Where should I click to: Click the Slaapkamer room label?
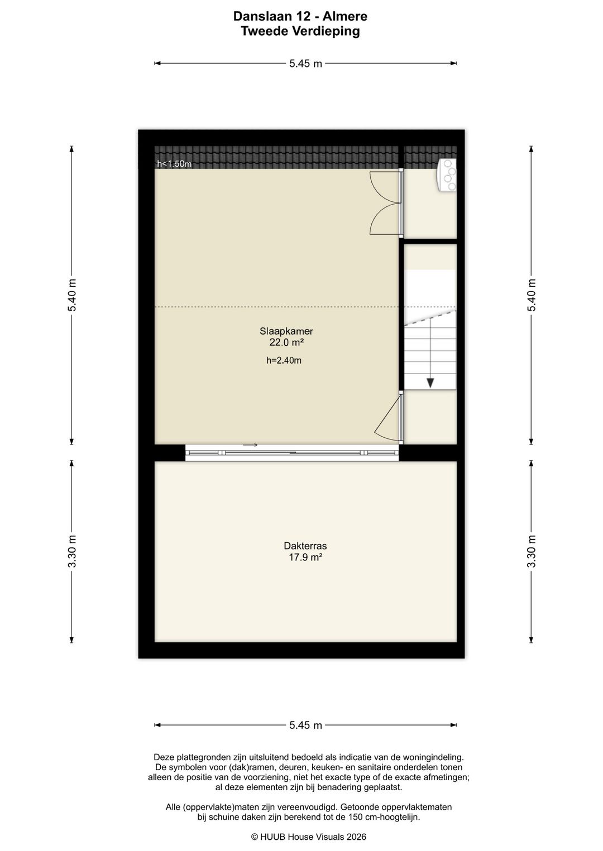(x=286, y=331)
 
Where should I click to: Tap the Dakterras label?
(x=305, y=546)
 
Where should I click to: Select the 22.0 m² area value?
(x=286, y=342)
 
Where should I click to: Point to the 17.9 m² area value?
(x=305, y=557)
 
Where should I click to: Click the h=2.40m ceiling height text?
(x=284, y=361)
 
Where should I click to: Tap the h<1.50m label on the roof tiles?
(x=174, y=164)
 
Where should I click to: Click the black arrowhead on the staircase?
(x=430, y=383)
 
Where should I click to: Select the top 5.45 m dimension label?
(x=305, y=64)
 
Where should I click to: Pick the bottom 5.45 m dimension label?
(x=305, y=726)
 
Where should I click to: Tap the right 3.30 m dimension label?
(x=531, y=551)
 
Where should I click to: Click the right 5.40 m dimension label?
(x=531, y=295)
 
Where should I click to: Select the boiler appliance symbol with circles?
(x=447, y=175)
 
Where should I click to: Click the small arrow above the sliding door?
(x=250, y=445)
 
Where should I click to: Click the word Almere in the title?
(x=346, y=16)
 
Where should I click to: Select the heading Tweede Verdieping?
(x=300, y=31)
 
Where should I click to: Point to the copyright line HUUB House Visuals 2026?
(x=309, y=837)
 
